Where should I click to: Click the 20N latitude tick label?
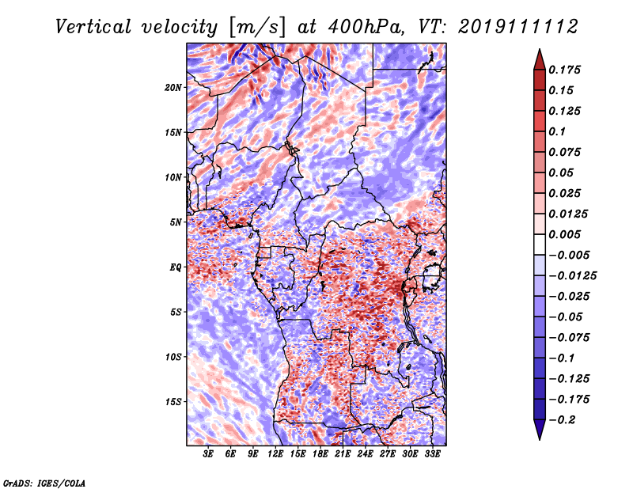(172, 87)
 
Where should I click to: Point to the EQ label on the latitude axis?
(175, 267)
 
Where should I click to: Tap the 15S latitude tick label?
(172, 402)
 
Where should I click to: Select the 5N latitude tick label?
(176, 222)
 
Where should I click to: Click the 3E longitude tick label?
(208, 453)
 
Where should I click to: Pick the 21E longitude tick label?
(343, 453)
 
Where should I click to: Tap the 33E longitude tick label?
(432, 453)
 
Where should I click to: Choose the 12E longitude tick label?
(275, 453)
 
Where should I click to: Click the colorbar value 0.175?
(564, 70)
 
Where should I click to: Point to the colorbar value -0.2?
(562, 420)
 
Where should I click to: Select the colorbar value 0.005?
(564, 234)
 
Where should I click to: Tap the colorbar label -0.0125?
(572, 276)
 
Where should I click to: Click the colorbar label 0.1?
(557, 131)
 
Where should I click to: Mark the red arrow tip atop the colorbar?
(540, 50)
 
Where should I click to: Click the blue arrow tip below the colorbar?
(540, 439)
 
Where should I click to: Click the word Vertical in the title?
(93, 27)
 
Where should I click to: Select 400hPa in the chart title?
(365, 27)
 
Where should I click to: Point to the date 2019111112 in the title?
(518, 27)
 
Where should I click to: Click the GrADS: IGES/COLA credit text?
(44, 483)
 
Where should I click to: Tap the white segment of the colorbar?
(540, 244)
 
